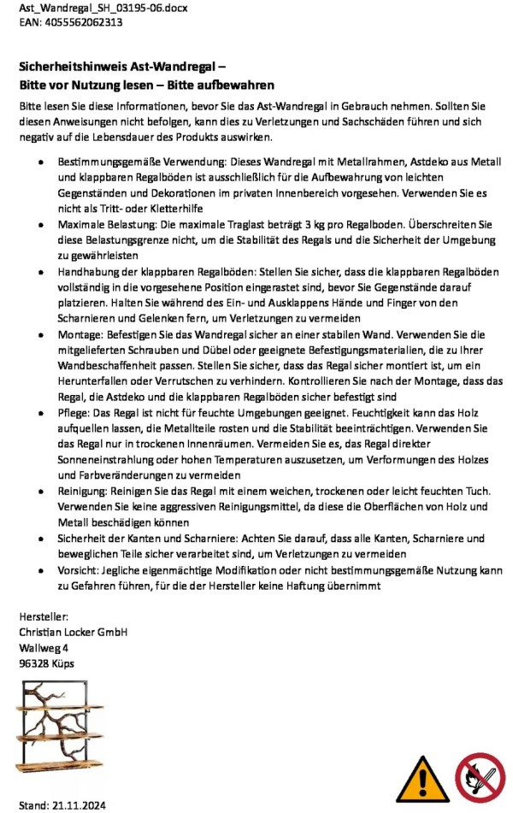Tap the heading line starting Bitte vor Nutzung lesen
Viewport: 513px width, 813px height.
pos(146,85)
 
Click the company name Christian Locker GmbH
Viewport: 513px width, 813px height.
pos(74,632)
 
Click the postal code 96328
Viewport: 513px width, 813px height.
pos(35,663)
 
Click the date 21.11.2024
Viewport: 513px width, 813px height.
pos(78,804)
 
